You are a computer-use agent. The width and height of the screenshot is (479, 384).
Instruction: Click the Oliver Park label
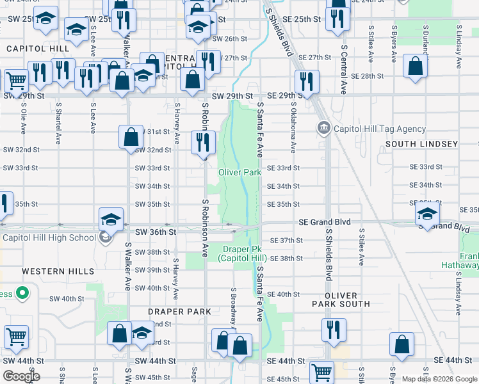click(239, 173)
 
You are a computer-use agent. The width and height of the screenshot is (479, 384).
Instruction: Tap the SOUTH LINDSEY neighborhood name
click(421, 144)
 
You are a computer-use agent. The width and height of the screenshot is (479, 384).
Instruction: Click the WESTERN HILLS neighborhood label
click(58, 271)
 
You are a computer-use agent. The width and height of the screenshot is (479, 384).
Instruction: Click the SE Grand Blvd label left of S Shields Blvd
click(325, 222)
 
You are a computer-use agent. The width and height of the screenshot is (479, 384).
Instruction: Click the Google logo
click(21, 376)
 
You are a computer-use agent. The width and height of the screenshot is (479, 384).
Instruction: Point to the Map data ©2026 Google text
click(439, 379)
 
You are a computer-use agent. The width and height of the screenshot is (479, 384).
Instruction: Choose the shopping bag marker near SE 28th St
click(416, 67)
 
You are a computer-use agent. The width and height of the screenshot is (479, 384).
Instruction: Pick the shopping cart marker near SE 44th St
click(321, 372)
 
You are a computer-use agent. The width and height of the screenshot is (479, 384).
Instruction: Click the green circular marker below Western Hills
click(22, 294)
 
